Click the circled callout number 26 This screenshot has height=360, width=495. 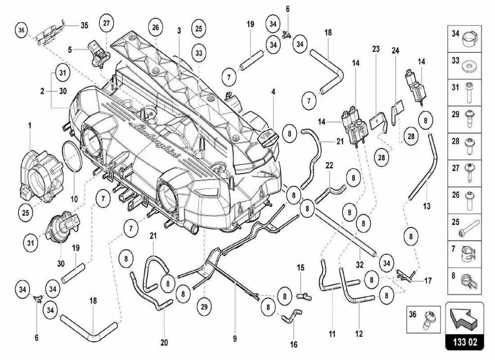pyautogui.click(x=155, y=27)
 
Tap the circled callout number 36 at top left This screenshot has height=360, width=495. pyautogui.click(x=21, y=31)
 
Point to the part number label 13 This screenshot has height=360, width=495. pyautogui.click(x=427, y=206)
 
